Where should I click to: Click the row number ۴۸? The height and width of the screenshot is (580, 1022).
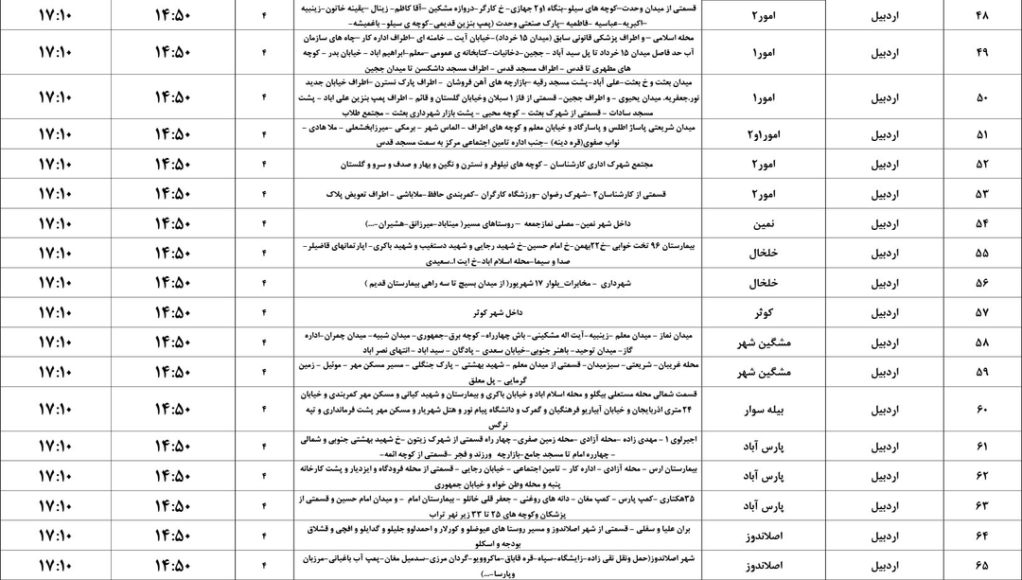click(980, 15)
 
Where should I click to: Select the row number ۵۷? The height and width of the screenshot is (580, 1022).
click(980, 312)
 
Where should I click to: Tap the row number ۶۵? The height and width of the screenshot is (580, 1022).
click(980, 565)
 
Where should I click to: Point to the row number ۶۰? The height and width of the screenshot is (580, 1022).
click(980, 409)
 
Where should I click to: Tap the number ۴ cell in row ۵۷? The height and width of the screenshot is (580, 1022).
click(264, 312)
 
